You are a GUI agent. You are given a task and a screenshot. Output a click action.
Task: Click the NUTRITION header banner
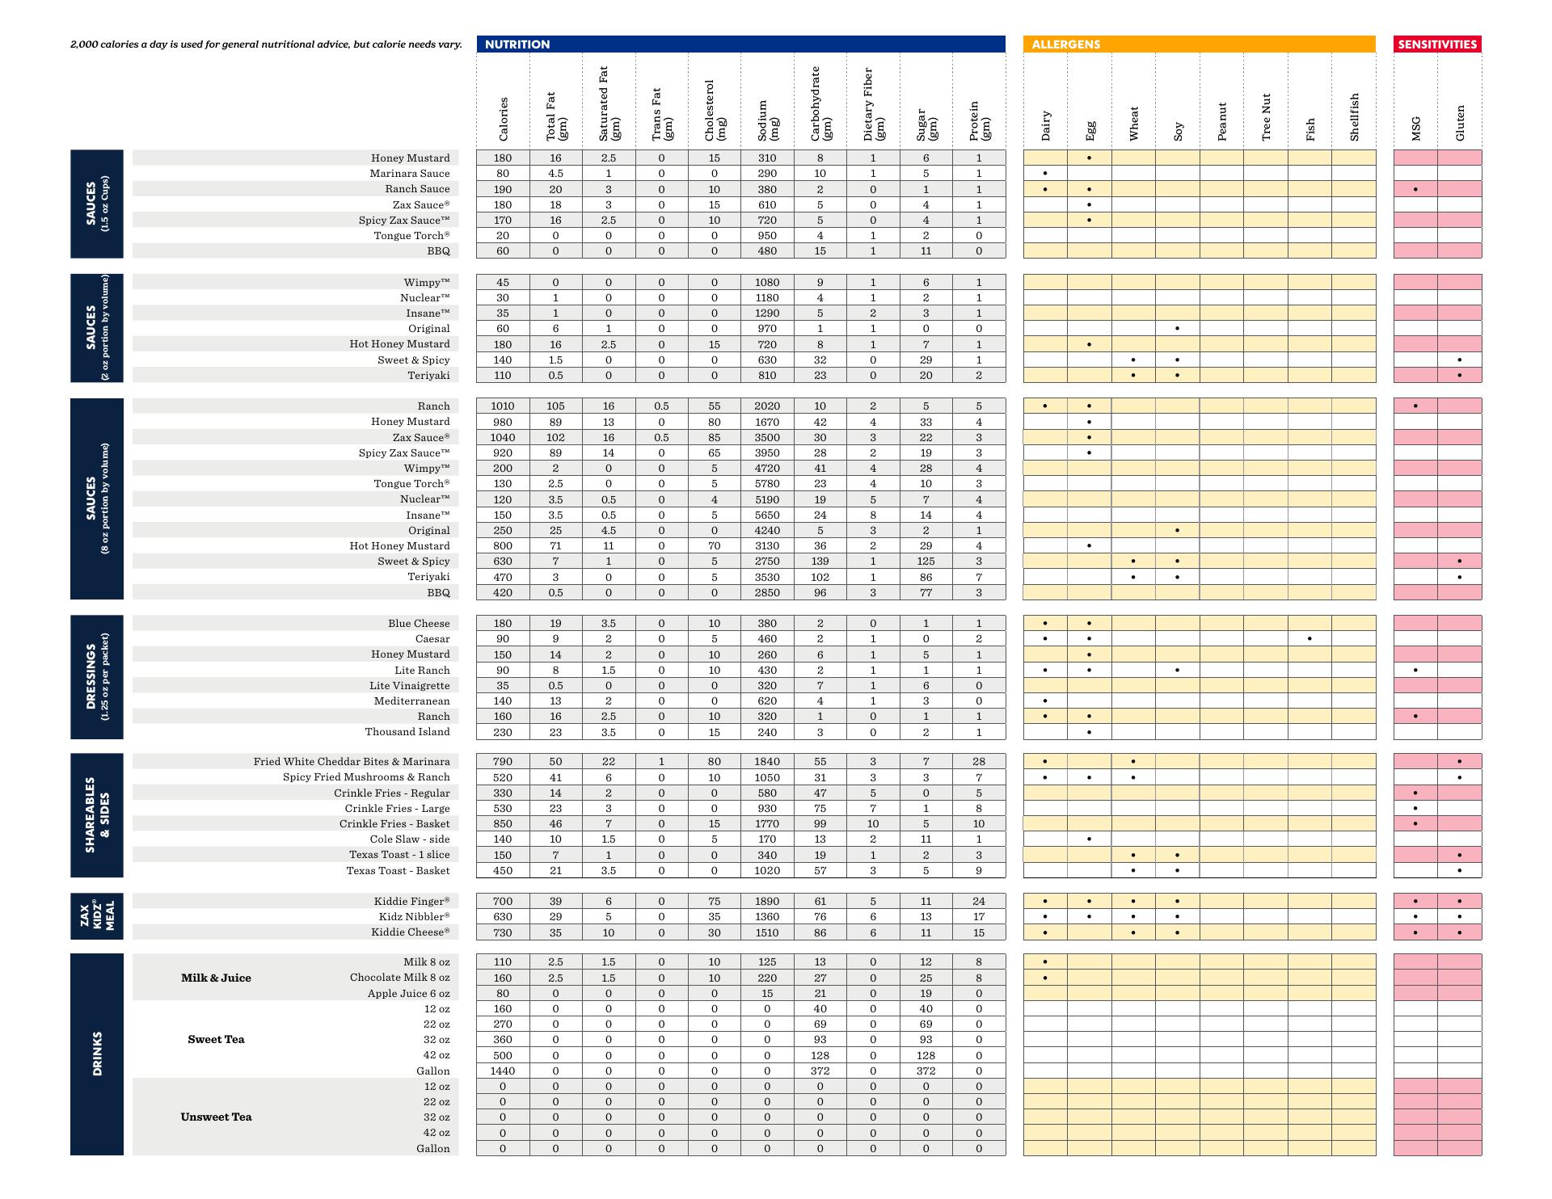pos(740,44)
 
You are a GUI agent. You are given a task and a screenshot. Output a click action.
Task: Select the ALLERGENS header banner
pos(1199,44)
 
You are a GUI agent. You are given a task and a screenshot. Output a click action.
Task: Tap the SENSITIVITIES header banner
pos(1437,44)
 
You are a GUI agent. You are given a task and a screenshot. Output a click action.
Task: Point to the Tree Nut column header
pos(1266,116)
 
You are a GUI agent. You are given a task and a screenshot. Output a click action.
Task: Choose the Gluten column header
pos(1460,122)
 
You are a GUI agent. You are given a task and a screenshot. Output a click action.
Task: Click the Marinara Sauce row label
pos(410,174)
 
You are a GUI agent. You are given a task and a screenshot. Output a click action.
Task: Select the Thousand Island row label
pos(407,732)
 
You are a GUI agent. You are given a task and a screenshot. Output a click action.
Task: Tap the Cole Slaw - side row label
pos(410,839)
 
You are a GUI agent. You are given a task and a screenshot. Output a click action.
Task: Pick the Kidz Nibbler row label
pos(414,917)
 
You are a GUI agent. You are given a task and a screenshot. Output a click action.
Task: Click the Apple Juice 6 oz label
pos(408,994)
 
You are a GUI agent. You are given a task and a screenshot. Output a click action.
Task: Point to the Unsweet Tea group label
pos(216,1117)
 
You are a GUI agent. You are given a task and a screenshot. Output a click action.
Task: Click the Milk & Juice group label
pos(216,978)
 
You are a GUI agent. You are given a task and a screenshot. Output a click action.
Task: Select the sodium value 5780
pos(767,484)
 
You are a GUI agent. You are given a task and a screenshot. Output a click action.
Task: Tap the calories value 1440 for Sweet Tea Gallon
pos(503,1071)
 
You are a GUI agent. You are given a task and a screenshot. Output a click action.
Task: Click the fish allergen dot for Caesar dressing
pos(1309,639)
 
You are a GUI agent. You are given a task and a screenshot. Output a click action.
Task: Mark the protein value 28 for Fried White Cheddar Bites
pos(979,762)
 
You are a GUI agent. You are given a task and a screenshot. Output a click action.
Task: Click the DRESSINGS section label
pos(96,677)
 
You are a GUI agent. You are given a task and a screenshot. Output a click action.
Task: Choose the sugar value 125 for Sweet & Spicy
pos(926,562)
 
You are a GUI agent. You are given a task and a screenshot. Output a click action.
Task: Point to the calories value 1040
pos(503,438)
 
